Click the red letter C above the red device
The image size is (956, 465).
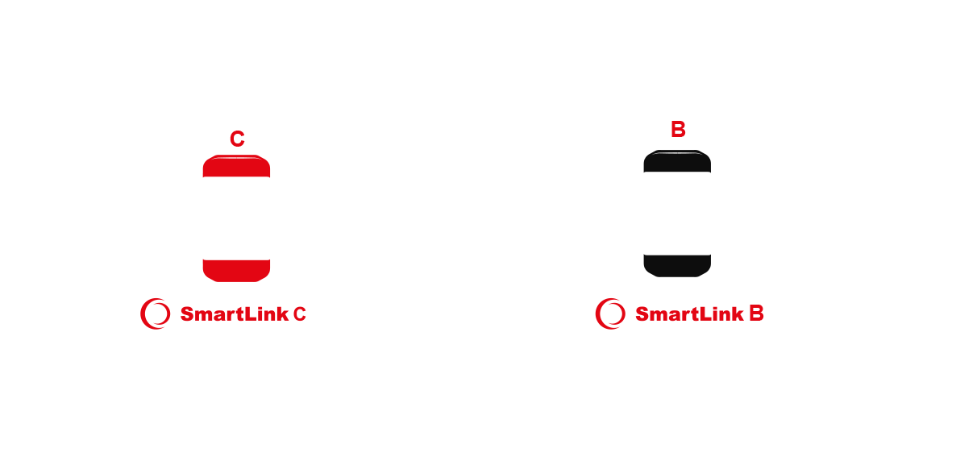coord(237,139)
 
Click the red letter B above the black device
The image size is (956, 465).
coord(678,129)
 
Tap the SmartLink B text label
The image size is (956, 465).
coord(699,313)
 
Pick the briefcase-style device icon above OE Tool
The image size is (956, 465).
coord(894,213)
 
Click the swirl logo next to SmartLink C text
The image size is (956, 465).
coord(156,313)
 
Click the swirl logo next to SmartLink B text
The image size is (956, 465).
coord(610,313)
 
